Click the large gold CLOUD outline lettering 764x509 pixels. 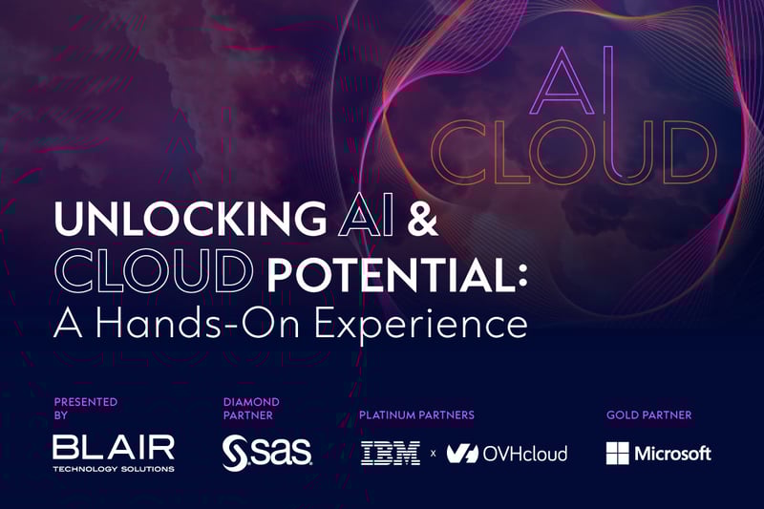click(574, 153)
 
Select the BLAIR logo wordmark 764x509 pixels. click(114, 446)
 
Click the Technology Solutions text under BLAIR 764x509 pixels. click(114, 469)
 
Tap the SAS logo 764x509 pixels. click(266, 453)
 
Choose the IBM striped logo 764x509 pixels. click(391, 453)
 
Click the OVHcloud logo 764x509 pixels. click(507, 453)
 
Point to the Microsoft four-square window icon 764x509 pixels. click(617, 453)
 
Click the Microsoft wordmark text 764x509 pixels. click(674, 453)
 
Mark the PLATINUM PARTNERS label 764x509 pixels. click(416, 415)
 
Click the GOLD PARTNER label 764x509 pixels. click(648, 415)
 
